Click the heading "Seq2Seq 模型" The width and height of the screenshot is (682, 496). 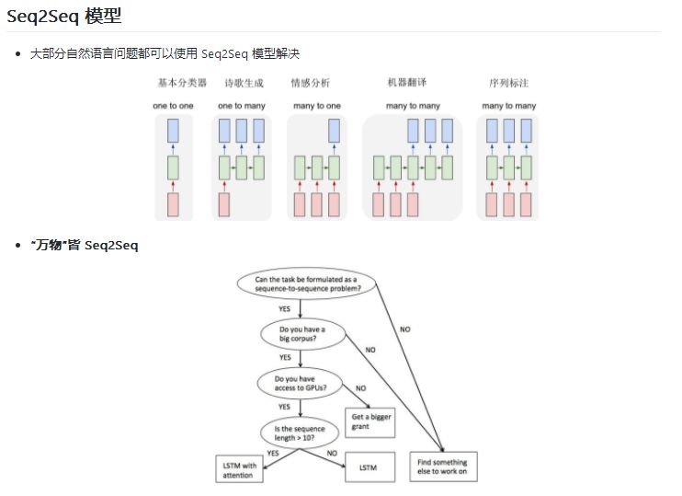click(64, 17)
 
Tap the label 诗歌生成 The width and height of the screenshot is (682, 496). click(242, 83)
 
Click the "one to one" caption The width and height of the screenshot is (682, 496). click(173, 106)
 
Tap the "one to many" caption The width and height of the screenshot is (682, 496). click(242, 106)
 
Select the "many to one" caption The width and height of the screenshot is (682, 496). click(317, 106)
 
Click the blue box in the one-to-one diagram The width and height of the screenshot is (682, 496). click(173, 131)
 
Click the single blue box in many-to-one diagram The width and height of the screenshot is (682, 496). click(334, 131)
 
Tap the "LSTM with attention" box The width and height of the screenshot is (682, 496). click(239, 470)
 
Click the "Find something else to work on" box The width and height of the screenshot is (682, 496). click(442, 467)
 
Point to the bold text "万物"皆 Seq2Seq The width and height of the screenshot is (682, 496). click(85, 246)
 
